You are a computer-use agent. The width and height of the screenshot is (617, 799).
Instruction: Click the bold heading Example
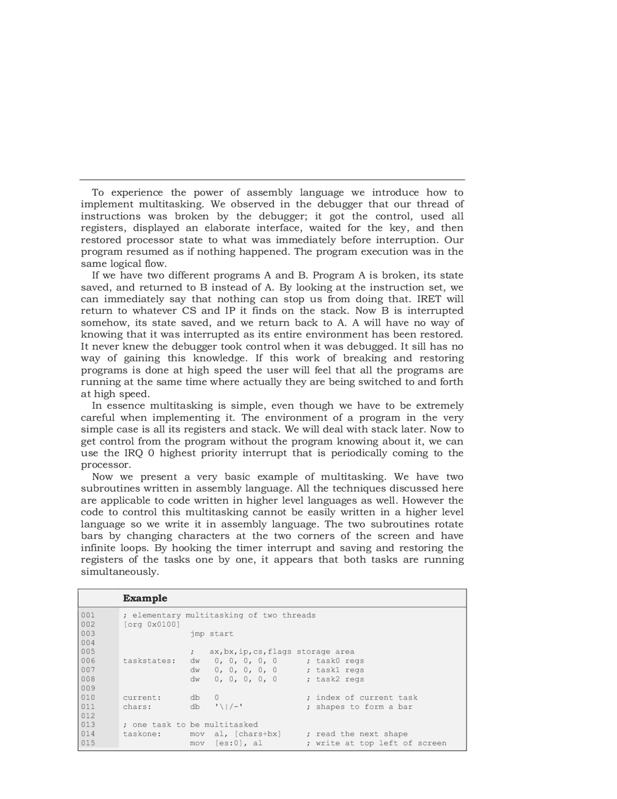145,598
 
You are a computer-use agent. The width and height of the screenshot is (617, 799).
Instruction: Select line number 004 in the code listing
88,643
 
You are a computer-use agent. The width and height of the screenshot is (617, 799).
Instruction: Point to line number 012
88,716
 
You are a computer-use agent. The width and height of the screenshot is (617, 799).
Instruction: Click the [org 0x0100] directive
151,624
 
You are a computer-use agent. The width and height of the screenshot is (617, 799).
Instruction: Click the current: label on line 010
142,698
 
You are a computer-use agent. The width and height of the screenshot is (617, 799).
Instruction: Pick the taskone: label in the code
142,734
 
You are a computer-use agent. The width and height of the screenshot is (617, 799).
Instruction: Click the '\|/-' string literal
228,707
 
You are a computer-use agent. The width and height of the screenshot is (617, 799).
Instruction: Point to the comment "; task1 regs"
335,670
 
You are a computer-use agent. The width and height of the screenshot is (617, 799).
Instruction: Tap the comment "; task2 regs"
335,679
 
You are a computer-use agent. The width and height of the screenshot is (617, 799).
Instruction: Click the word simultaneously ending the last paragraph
120,572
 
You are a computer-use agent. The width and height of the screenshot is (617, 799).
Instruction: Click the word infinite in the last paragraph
100,548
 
